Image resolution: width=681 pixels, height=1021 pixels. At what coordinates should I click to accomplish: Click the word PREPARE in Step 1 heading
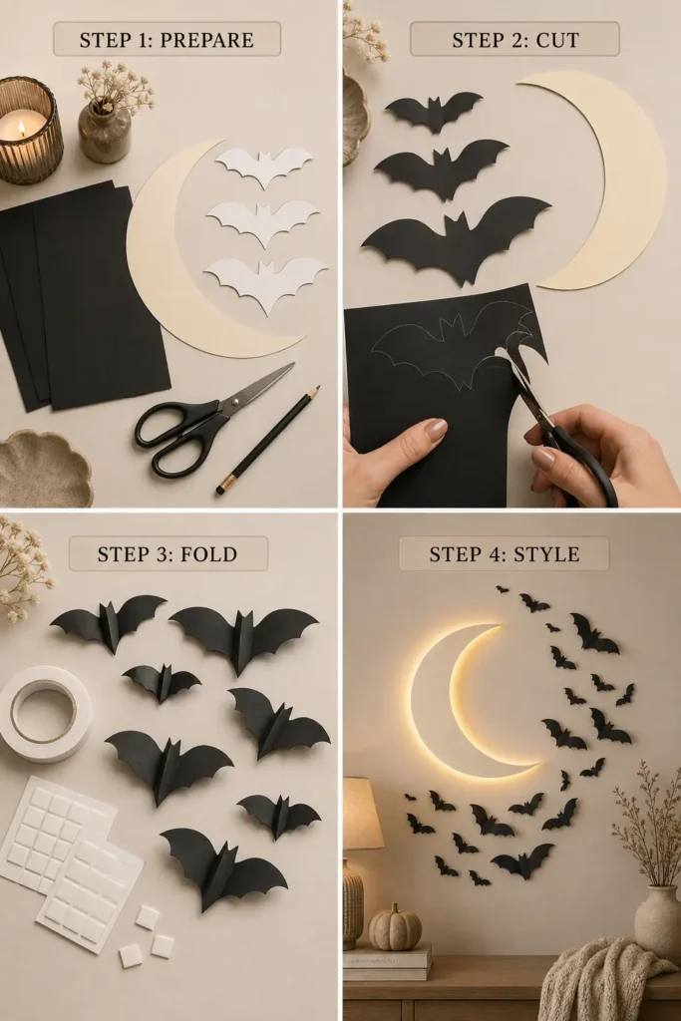point(206,40)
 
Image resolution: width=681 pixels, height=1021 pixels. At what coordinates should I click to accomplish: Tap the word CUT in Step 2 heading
point(557,40)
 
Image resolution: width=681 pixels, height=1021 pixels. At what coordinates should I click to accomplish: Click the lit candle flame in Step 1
point(21,129)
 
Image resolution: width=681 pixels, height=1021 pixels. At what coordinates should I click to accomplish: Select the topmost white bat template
point(264,166)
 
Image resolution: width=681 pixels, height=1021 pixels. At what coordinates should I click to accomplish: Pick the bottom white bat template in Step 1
point(265,283)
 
